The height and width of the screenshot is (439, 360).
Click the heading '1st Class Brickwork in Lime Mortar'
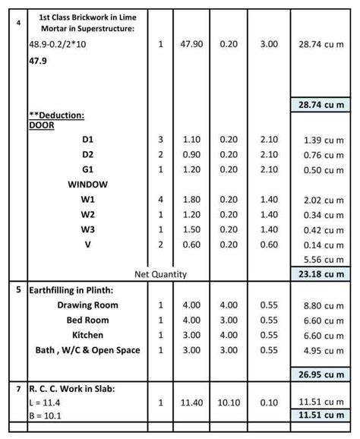[x=87, y=22]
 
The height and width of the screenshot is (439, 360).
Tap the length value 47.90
[x=191, y=45]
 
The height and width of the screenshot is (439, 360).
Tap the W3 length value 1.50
[x=191, y=229]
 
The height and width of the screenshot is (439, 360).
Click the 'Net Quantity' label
[x=159, y=273]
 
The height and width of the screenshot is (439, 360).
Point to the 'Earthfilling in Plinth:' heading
[x=73, y=289]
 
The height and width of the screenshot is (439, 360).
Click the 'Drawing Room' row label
[x=88, y=305]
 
